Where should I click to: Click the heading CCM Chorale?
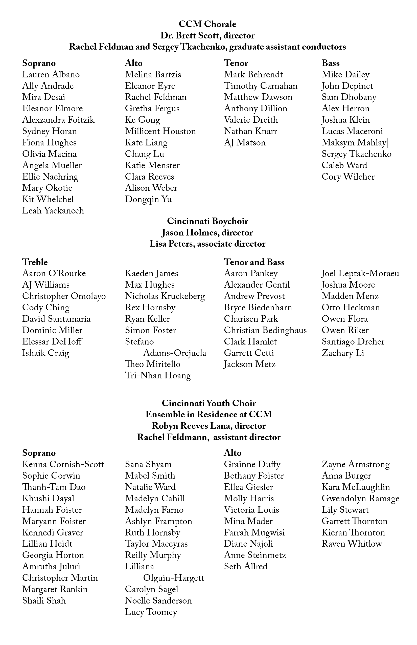click(x=207, y=24)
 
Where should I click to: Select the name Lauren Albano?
click(x=51, y=75)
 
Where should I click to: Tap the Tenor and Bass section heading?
click(x=254, y=262)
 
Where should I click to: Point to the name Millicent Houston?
click(x=160, y=132)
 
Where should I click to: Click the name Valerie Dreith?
click(x=251, y=120)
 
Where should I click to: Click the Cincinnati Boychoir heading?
click(x=207, y=221)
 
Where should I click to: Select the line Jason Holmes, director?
click(x=207, y=233)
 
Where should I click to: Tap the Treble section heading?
click(x=35, y=262)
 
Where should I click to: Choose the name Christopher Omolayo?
click(x=64, y=296)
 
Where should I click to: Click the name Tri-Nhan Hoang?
click(x=158, y=376)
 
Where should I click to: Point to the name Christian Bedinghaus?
click(x=265, y=330)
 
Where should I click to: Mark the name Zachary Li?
click(x=343, y=353)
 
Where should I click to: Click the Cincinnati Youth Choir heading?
click(x=209, y=403)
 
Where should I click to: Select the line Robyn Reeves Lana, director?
click(x=209, y=426)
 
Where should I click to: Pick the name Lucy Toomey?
click(x=151, y=612)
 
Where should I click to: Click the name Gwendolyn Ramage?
click(x=360, y=499)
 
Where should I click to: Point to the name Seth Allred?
click(x=246, y=567)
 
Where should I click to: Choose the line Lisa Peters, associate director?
click(x=207, y=244)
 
